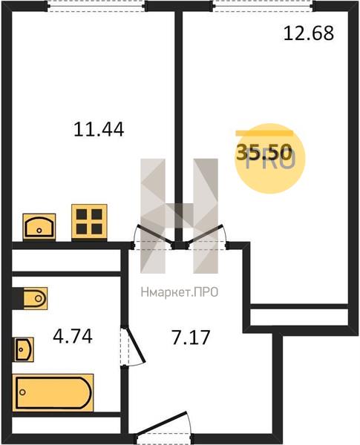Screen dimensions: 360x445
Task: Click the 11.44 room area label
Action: pyautogui.click(x=99, y=129)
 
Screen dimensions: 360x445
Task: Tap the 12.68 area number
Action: pyautogui.click(x=309, y=33)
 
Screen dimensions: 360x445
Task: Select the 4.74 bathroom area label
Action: pyautogui.click(x=73, y=337)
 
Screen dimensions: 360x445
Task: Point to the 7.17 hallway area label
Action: pyautogui.click(x=191, y=337)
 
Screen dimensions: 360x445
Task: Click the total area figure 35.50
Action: pyautogui.click(x=264, y=152)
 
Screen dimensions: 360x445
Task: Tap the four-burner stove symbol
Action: pyautogui.click(x=89, y=222)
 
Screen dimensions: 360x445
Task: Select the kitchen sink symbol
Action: pyautogui.click(x=39, y=227)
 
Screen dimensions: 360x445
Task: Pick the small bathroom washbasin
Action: pyautogui.click(x=23, y=349)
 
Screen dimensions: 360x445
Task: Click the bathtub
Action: pyautogui.click(x=53, y=393)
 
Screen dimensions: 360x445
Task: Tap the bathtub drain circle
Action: pyautogui.click(x=22, y=392)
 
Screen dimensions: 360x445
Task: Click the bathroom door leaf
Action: pyautogui.click(x=135, y=345)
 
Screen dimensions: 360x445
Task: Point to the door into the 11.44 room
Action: pyautogui.click(x=154, y=234)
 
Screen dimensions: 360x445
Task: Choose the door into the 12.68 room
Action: pyautogui.click(x=205, y=234)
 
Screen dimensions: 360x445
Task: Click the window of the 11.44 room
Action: pyautogui.click(x=96, y=6)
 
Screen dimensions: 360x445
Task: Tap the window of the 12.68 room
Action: pyautogui.click(x=264, y=6)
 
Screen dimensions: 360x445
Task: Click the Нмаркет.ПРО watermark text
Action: pyautogui.click(x=180, y=292)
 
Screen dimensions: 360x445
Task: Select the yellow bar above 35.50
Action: pyautogui.click(x=264, y=133)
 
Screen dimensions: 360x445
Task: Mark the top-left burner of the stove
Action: pyautogui.click(x=82, y=214)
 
